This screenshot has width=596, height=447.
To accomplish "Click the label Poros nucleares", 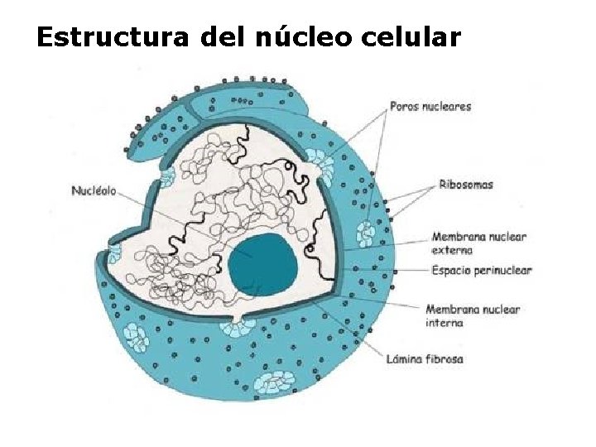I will pyautogui.click(x=430, y=106).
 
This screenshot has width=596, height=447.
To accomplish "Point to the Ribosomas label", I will pyautogui.click(x=466, y=185).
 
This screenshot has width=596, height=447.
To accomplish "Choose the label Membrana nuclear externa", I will pyautogui.click(x=478, y=243).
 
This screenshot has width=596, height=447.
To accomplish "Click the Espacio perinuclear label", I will pyautogui.click(x=481, y=270).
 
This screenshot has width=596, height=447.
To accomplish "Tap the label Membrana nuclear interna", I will pyautogui.click(x=473, y=315).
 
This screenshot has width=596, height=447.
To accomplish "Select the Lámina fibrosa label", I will pyautogui.click(x=425, y=359).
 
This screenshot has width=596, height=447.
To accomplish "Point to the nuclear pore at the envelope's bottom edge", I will pyautogui.click(x=238, y=326).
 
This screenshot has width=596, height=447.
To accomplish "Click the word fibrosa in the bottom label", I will pyautogui.click(x=445, y=359).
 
